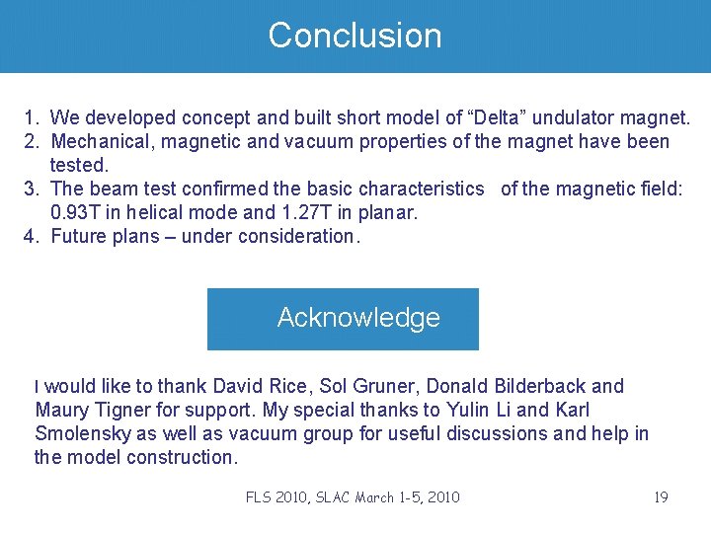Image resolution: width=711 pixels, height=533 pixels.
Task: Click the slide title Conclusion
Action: tap(355, 36)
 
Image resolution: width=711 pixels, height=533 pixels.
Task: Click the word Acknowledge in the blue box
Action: tap(358, 318)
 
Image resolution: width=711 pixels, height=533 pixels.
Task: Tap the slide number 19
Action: tap(661, 497)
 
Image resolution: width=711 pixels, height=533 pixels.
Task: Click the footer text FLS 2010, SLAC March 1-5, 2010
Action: tap(353, 497)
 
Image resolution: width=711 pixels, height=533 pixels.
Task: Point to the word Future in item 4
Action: tap(79, 236)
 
